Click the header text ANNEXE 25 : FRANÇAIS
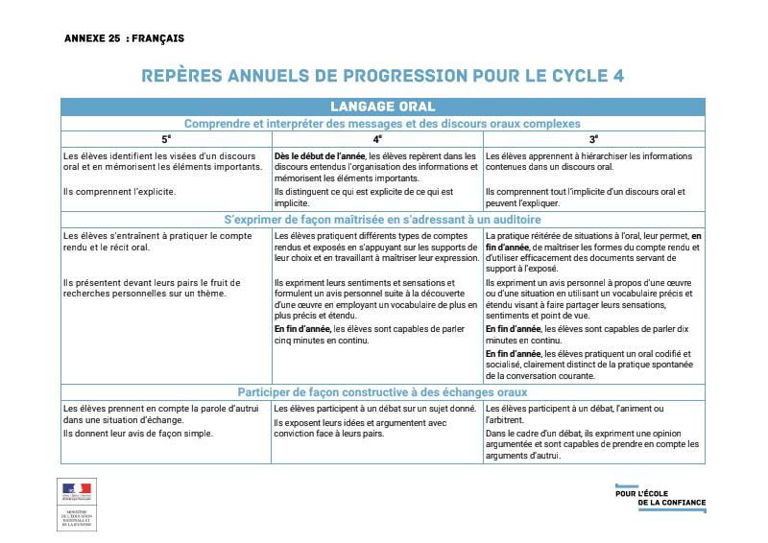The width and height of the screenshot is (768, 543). click(x=124, y=38)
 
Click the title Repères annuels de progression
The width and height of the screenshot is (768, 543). click(x=382, y=76)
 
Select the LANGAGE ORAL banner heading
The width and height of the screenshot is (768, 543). click(x=382, y=106)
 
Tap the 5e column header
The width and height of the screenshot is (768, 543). click(x=166, y=139)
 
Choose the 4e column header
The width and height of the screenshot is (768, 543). click(x=377, y=139)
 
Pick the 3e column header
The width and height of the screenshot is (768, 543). click(x=593, y=139)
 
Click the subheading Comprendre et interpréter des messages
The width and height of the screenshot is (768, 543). click(x=382, y=124)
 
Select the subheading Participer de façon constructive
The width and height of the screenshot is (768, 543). click(x=382, y=392)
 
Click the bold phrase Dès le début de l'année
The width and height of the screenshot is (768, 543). click(x=320, y=155)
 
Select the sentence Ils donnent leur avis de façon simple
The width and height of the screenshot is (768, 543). click(x=137, y=433)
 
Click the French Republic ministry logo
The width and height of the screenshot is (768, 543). click(x=79, y=502)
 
